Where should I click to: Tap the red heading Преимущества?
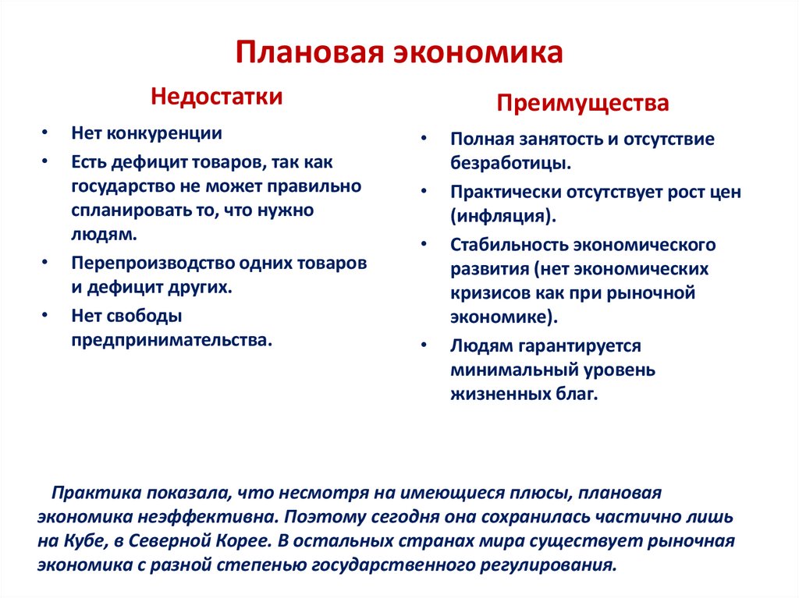point(584,103)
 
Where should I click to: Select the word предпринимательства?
point(172,341)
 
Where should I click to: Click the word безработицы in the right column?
point(510,165)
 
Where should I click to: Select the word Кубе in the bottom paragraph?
point(81,541)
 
